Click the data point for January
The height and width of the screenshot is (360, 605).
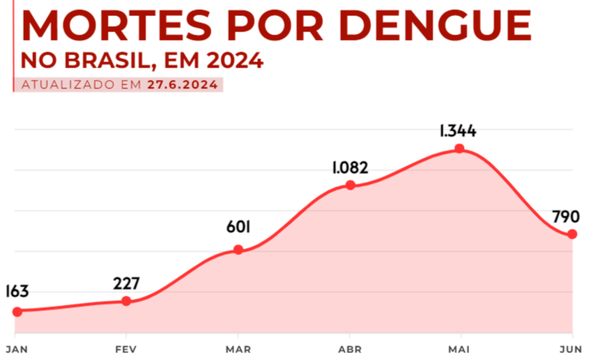pyautogui.click(x=17, y=311)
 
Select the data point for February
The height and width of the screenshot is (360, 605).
pyautogui.click(x=127, y=301)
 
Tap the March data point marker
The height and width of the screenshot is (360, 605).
pyautogui.click(x=238, y=249)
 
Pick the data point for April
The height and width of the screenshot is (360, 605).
pyautogui.click(x=350, y=185)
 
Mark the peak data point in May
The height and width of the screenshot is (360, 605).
pyautogui.click(x=459, y=148)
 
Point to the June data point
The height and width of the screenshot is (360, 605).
pyautogui.click(x=572, y=234)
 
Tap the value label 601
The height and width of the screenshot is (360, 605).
pyautogui.click(x=238, y=227)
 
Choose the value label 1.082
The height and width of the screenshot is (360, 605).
pyautogui.click(x=350, y=167)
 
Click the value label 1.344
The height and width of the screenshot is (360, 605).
pyautogui.click(x=458, y=130)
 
